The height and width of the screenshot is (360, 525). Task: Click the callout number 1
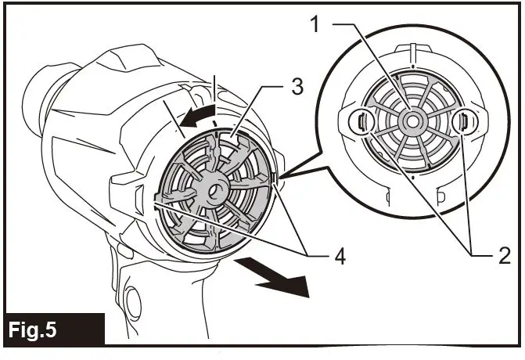click(315, 24)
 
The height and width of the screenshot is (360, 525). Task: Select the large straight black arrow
click(278, 282)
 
